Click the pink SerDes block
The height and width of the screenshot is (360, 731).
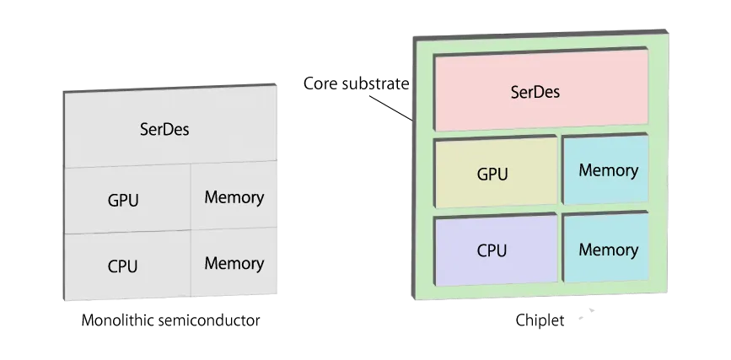click(540, 91)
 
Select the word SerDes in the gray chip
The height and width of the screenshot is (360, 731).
click(164, 130)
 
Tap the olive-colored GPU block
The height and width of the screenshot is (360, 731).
click(496, 172)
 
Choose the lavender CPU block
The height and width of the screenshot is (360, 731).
click(496, 250)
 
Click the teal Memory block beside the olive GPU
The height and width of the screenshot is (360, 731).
click(606, 170)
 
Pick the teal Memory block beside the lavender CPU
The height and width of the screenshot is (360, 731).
click(606, 250)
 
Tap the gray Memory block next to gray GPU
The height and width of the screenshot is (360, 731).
click(234, 198)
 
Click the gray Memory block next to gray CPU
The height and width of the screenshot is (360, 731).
click(234, 263)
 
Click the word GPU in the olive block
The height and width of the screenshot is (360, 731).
click(492, 175)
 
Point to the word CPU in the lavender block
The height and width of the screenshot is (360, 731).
click(492, 250)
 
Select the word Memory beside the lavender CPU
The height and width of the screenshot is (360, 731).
click(608, 250)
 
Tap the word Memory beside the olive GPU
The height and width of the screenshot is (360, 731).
click(608, 170)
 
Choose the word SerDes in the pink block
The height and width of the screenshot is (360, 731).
click(535, 92)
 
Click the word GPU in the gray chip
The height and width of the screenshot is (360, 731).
click(123, 201)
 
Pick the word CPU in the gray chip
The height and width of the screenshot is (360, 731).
click(122, 266)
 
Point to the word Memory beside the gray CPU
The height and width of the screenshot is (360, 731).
click(234, 263)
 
